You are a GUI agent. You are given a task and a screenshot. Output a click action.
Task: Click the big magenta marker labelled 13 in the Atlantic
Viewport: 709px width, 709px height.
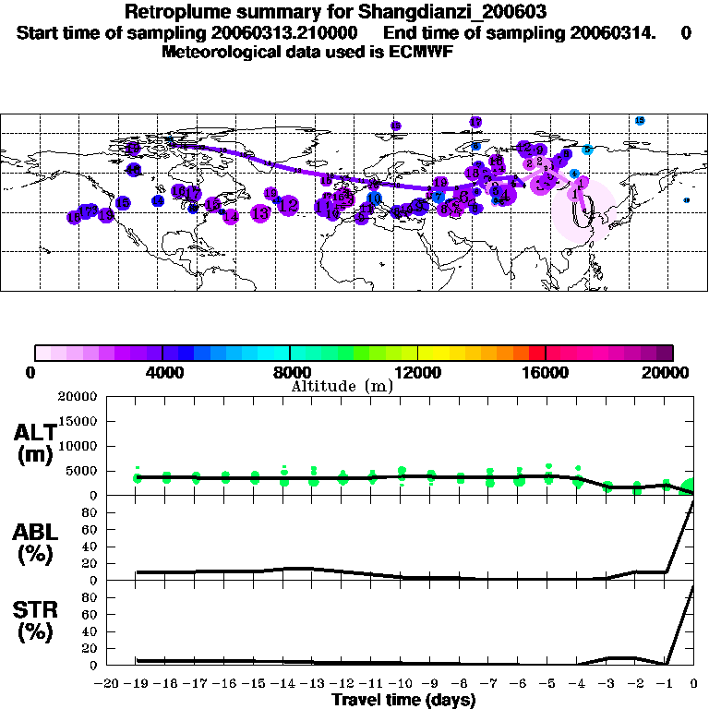tap(259, 212)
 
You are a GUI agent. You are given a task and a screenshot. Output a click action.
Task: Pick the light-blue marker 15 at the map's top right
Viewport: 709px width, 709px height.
tap(639, 121)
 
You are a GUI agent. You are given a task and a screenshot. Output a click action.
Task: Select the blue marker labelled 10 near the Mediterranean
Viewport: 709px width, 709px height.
tap(374, 198)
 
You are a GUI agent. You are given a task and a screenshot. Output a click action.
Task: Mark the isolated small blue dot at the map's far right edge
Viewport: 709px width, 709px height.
tap(686, 200)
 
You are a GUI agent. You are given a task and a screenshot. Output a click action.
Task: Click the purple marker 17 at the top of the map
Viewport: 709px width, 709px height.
tap(475, 122)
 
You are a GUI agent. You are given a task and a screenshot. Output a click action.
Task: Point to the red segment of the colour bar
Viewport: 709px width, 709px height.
tap(536, 353)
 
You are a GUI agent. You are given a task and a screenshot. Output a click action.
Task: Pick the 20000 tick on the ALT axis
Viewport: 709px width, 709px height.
tap(78, 397)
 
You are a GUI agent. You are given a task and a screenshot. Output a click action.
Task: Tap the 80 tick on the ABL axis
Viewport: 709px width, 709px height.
tap(90, 512)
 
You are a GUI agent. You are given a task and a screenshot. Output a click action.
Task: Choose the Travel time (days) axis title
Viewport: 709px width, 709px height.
tap(403, 700)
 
